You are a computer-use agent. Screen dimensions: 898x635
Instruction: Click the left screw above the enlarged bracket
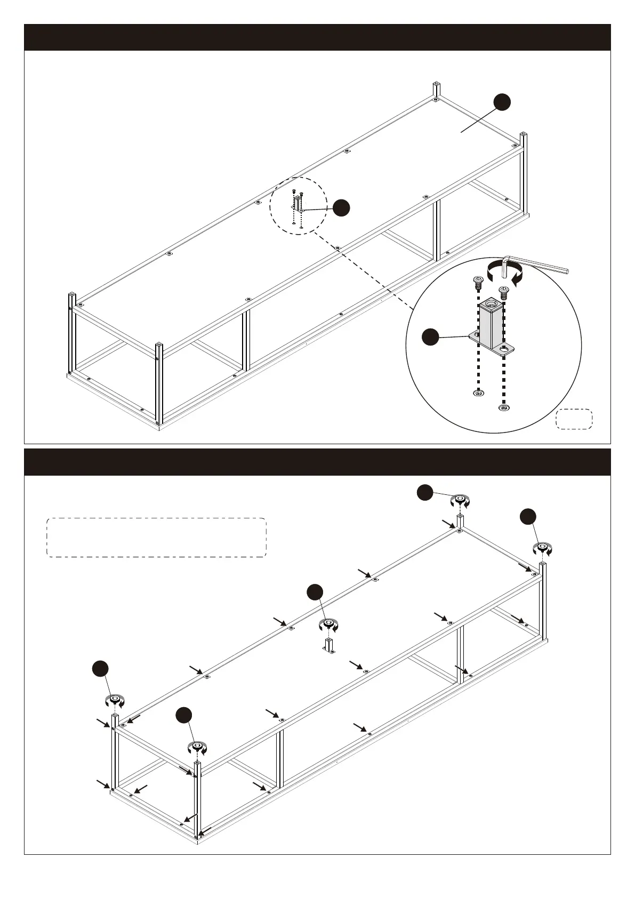(478, 281)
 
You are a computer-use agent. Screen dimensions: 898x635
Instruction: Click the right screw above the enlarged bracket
(503, 291)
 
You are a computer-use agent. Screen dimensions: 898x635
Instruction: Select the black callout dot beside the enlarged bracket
(430, 337)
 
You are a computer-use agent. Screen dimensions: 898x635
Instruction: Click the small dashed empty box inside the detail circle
(574, 419)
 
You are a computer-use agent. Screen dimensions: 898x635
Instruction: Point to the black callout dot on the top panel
(502, 102)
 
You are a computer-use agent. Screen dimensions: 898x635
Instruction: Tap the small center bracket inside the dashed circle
(298, 205)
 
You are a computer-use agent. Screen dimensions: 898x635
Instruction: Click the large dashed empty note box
(156, 538)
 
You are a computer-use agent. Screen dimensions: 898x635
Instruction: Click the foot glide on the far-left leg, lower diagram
(115, 700)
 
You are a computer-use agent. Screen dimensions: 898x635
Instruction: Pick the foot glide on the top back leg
(460, 500)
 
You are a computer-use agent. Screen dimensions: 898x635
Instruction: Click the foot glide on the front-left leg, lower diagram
(198, 747)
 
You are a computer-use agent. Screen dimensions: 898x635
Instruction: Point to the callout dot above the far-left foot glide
(99, 669)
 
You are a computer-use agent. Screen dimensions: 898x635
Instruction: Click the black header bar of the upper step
(317, 37)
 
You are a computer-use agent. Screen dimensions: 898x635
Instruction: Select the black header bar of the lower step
(317, 462)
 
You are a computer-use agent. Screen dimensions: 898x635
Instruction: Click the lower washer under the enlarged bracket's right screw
(503, 408)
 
